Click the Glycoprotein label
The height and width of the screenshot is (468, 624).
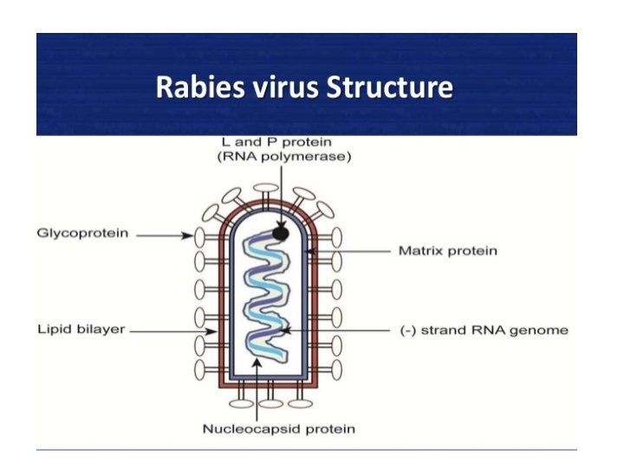(77, 235)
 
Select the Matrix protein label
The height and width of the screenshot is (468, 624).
(447, 251)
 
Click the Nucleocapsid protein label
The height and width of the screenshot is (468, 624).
(278, 428)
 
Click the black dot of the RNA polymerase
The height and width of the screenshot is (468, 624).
(280, 232)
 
